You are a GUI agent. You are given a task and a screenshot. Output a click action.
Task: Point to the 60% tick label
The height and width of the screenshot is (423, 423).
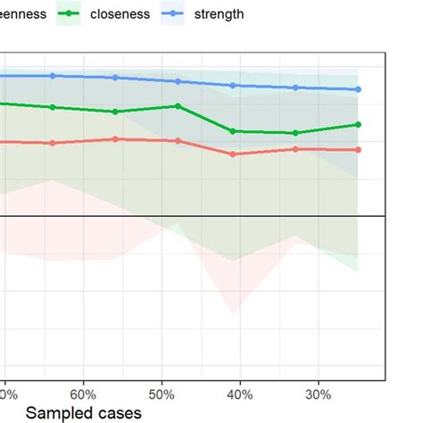[82, 394]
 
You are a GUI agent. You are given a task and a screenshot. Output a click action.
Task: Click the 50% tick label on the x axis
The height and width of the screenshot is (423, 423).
[161, 394]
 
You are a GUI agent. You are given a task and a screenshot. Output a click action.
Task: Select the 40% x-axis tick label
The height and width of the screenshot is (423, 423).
[239, 394]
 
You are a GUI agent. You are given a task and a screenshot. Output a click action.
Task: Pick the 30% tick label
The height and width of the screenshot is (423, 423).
[318, 394]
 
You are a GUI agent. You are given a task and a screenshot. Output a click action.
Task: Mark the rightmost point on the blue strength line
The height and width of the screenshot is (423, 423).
[358, 89]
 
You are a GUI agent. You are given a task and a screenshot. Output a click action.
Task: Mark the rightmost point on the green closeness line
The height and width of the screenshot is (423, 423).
[358, 124]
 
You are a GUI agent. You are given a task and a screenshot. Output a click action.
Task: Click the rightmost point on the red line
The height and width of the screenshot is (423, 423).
[358, 150]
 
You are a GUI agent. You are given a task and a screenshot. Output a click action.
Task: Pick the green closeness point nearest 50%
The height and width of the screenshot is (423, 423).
[178, 106]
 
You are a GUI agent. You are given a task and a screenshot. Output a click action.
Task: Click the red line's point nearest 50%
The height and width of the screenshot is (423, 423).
[178, 141]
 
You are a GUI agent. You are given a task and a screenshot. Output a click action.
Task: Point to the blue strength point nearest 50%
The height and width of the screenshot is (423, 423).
[178, 81]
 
